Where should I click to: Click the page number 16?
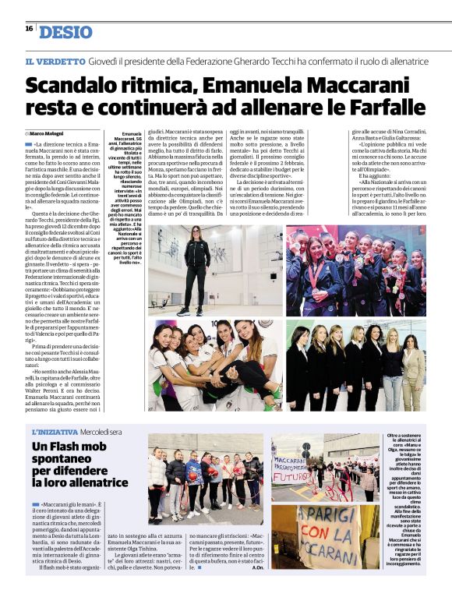pos(28,28)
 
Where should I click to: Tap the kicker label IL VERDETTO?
pos(55,61)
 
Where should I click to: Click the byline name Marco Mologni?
pos(48,133)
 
